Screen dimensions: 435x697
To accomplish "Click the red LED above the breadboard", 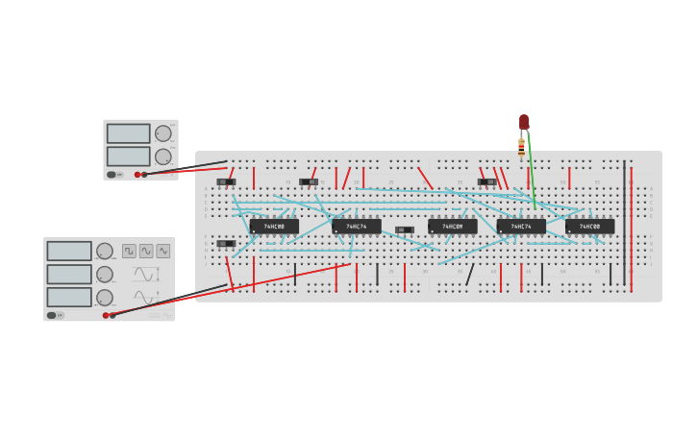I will click(524, 122).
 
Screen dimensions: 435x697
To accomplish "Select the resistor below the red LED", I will click(521, 146).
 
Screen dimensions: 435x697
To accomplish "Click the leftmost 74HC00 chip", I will click(274, 227).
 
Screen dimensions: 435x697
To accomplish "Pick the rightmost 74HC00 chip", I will click(590, 227).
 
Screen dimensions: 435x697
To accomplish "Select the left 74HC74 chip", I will click(356, 227).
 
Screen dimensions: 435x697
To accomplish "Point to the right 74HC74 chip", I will click(521, 227).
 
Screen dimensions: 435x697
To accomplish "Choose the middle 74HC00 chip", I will click(452, 227).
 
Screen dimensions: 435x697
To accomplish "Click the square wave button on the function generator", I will click(129, 251).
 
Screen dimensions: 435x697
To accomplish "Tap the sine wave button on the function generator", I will click(146, 251).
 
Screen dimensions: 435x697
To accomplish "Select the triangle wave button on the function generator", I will click(163, 251).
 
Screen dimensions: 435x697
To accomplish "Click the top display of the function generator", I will click(69, 252).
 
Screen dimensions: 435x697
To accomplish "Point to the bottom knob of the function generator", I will click(105, 298).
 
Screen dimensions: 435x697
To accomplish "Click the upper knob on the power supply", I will click(163, 133).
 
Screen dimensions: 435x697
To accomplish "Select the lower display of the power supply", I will click(128, 156).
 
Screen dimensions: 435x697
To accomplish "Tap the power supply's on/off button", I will click(112, 175).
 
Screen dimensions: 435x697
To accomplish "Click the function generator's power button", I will click(52, 315).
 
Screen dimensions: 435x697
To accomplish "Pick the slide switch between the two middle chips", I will click(404, 230).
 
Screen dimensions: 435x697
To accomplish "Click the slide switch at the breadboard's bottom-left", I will click(226, 244).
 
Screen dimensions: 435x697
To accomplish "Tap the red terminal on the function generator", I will click(106, 315).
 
